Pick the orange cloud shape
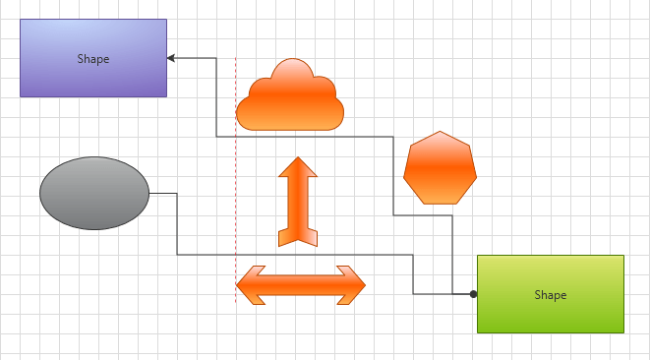coord(291,103)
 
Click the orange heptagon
coord(440,167)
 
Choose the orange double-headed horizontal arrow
coord(301,285)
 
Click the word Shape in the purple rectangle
coord(93,58)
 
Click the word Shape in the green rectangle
coord(550,294)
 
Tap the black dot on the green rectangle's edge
coord(473,294)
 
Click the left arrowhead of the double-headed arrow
coord(248,285)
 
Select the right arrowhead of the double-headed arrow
coord(353,285)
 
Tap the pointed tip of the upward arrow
coord(298,158)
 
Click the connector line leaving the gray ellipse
coord(163,194)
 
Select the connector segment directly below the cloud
coord(295,137)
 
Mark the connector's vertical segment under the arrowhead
coord(216,98)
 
